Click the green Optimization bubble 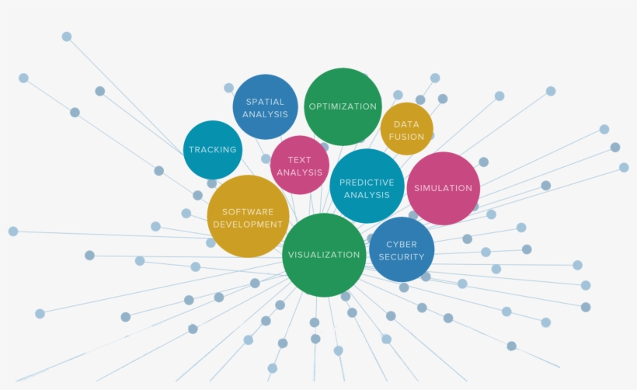[x=343, y=106]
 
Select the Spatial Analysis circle [x=265, y=107]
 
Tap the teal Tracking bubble [x=213, y=150]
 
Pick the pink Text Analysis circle [x=299, y=165]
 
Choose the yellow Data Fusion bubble [x=406, y=130]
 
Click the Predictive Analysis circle [x=367, y=187]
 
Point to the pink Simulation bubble [x=443, y=188]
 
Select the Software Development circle [x=248, y=217]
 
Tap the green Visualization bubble [x=324, y=255]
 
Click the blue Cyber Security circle [x=402, y=250]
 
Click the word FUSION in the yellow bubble [x=406, y=137]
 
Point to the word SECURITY [x=402, y=257]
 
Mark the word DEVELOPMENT [x=248, y=225]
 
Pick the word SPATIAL [x=265, y=102]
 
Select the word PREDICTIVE [x=367, y=183]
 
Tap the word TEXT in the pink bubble [x=299, y=160]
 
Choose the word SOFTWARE [x=248, y=211]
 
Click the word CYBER [x=402, y=245]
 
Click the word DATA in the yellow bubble [x=406, y=124]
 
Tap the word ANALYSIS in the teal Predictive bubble [x=367, y=195]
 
